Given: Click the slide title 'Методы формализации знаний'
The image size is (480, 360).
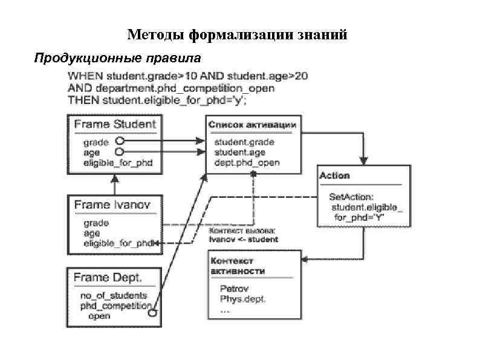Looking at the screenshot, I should pos(237,35).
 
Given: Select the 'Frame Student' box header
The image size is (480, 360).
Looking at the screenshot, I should pos(115,125).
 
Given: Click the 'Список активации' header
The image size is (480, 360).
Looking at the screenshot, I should pos(252,125).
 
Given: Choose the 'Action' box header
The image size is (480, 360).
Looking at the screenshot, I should pos(334,175).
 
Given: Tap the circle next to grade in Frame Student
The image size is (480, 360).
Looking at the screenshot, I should pos(120,142).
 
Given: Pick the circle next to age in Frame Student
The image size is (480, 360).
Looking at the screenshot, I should pos(119,152).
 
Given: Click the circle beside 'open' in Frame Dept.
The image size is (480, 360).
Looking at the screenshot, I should pos(153,314).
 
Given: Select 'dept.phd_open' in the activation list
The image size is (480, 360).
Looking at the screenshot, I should pos(247,163).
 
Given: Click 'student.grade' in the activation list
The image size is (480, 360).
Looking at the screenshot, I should pos(244,142).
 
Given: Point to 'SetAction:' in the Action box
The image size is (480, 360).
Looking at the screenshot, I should pos(351,197).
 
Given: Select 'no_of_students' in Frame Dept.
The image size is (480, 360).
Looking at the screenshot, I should pos(113,295).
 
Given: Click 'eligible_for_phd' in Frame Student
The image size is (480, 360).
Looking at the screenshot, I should pos(118,163).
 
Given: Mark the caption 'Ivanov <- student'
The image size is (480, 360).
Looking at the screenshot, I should pos(243,239).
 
